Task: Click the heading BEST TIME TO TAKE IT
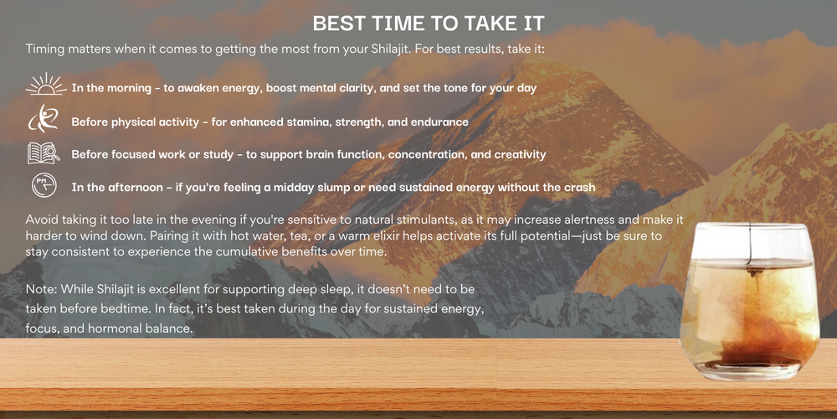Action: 428,23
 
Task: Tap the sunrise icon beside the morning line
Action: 46,85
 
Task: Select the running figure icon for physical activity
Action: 43,119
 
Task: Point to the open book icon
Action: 44,153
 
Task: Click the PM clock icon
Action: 44,185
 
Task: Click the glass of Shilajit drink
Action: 749,302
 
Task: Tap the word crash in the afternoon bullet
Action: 578,188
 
